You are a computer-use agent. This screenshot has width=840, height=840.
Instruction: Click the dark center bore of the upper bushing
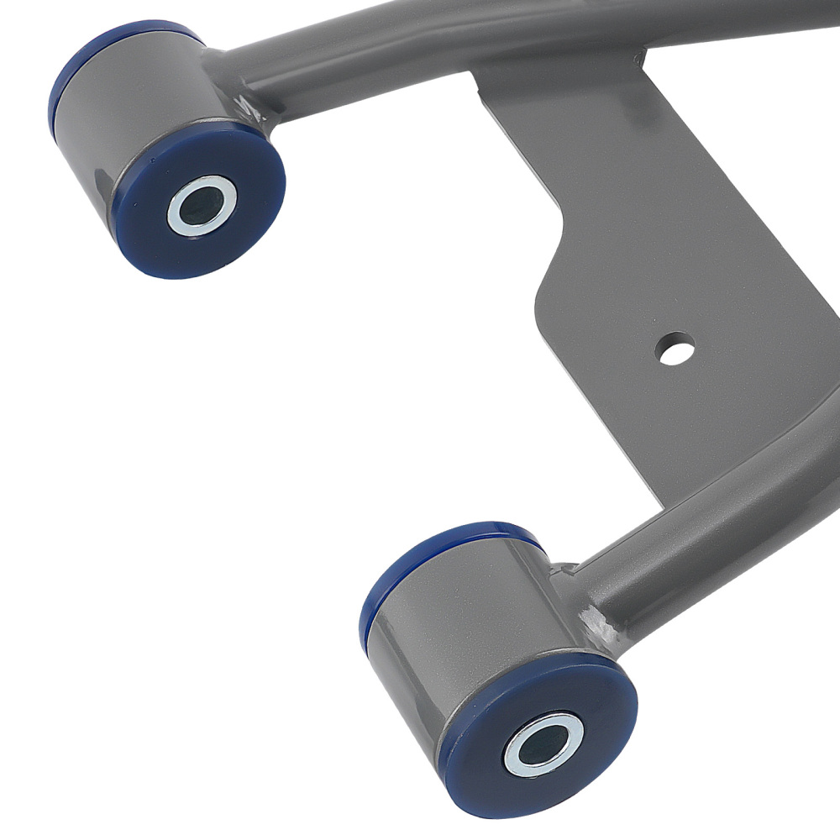[201, 204]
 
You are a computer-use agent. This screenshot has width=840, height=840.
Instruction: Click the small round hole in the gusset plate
[676, 349]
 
